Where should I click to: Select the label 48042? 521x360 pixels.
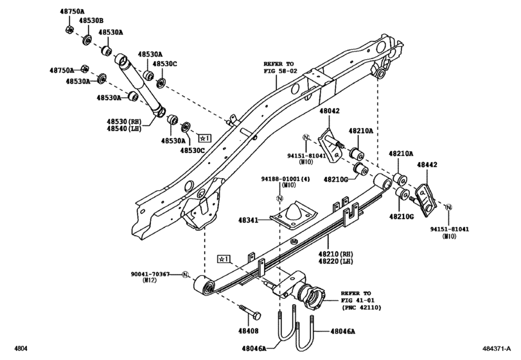(x=330, y=111)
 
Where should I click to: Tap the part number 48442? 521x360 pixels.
(x=427, y=165)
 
